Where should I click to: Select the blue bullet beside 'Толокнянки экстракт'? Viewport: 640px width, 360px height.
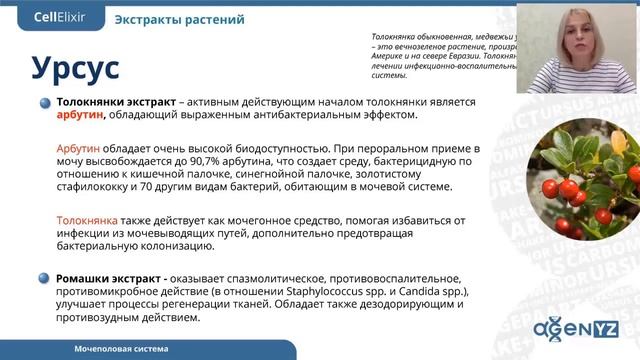[45, 103]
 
